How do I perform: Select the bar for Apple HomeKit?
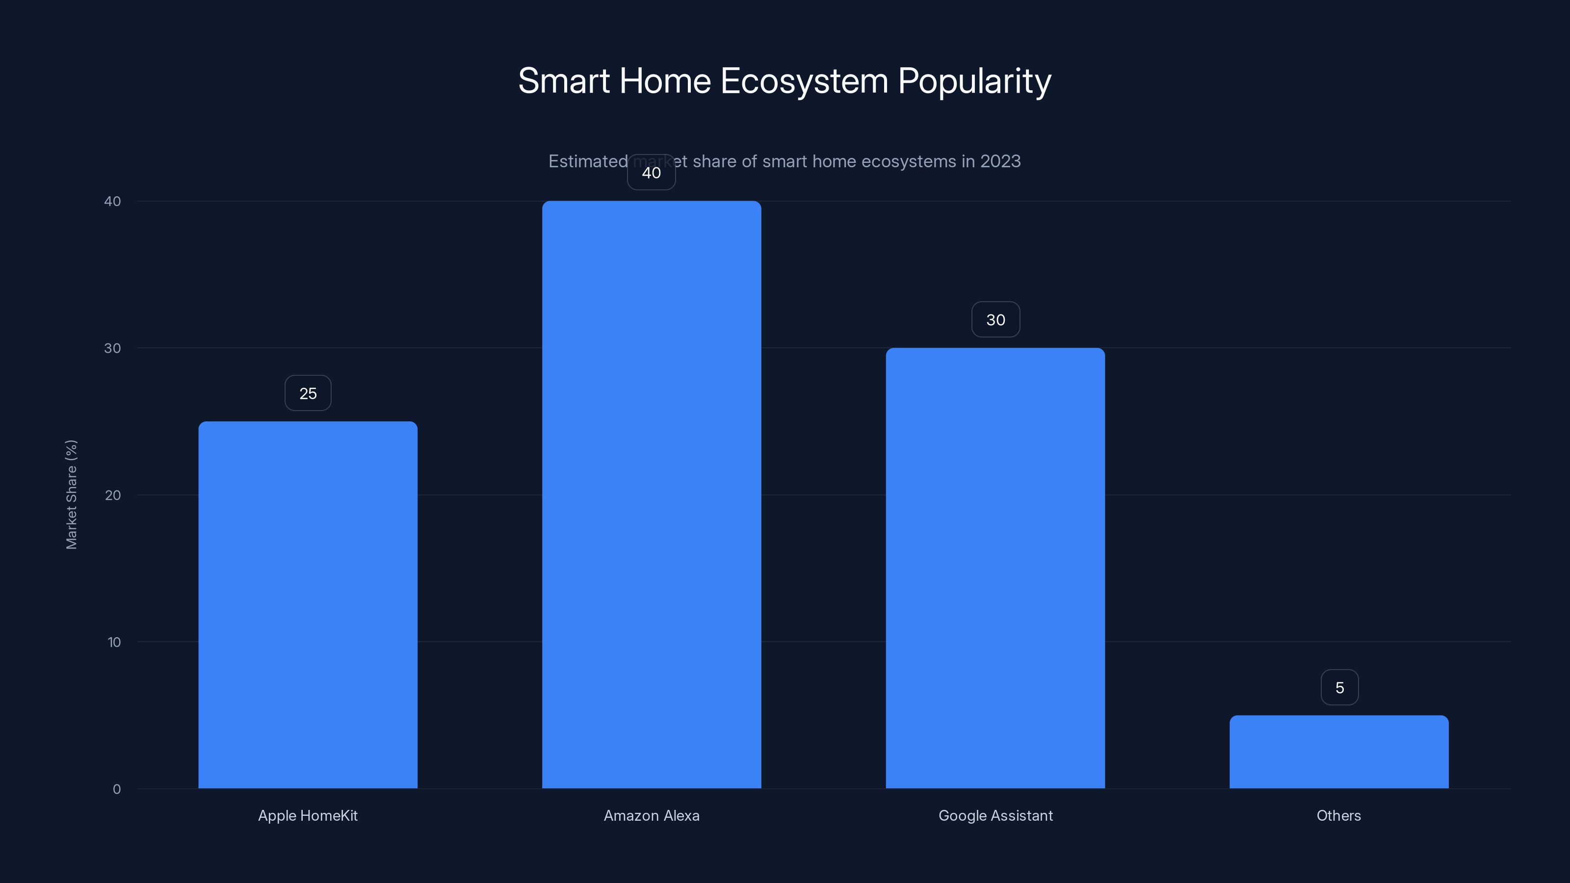[308, 604]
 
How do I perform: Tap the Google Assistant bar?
[995, 568]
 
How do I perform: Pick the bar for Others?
[1339, 752]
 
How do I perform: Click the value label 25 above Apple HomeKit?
[308, 393]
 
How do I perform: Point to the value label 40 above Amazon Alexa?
[652, 173]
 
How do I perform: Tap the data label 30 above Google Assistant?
[995, 320]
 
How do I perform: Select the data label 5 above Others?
[1339, 688]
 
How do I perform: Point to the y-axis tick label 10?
[114, 642]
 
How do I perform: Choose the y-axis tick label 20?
[113, 495]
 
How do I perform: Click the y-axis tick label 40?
[113, 202]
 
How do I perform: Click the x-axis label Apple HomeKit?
[308, 815]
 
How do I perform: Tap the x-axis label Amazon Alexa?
[652, 815]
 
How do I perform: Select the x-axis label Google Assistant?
[995, 815]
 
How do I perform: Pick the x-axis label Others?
[1338, 815]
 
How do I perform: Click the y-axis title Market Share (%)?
[71, 494]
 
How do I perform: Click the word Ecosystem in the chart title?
[804, 81]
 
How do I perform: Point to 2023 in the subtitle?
[1000, 161]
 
